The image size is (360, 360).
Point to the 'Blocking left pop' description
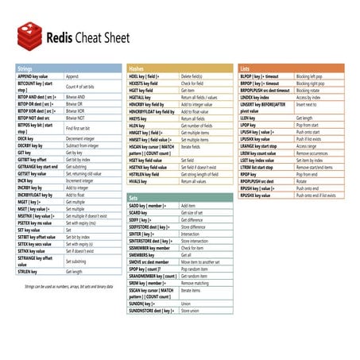tap(311, 76)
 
